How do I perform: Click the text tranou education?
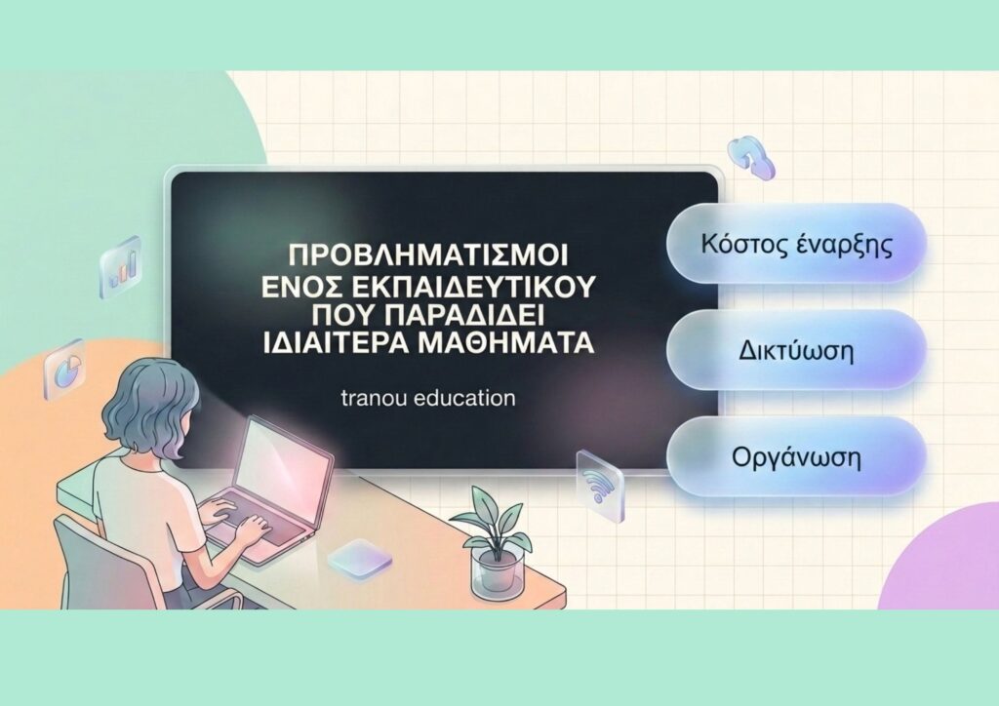[x=428, y=399]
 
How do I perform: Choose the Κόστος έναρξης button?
[x=796, y=244]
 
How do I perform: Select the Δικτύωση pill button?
[x=796, y=350]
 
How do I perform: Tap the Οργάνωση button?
[x=796, y=457]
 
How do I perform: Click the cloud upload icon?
[x=751, y=157]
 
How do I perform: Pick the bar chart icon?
[x=120, y=266]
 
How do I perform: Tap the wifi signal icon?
[x=598, y=485]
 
